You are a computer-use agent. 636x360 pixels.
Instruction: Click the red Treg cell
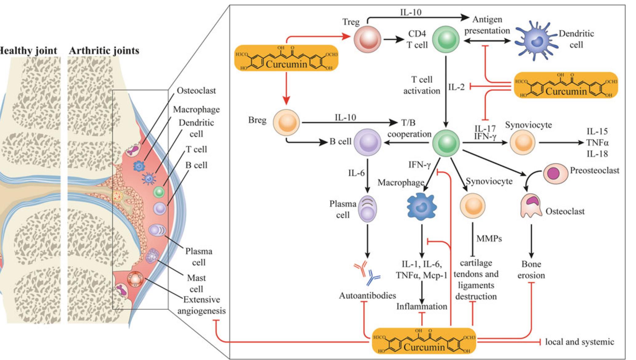tap(367, 39)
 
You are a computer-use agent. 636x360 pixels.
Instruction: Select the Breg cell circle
tap(286, 122)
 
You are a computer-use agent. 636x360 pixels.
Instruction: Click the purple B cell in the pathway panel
tap(367, 142)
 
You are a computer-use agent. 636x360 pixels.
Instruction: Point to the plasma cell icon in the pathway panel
tap(368, 209)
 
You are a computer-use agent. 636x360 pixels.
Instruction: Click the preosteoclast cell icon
tap(555, 173)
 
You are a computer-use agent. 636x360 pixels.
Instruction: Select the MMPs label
tap(489, 238)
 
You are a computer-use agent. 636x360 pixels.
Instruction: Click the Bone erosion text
tap(531, 270)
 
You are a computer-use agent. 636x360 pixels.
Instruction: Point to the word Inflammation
tap(421, 306)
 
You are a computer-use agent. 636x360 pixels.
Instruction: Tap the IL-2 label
tap(456, 87)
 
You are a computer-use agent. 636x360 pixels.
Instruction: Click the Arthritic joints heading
tap(104, 50)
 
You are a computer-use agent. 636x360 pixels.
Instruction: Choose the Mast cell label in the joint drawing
tap(196, 283)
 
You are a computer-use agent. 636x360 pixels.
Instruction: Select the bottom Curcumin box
tap(424, 341)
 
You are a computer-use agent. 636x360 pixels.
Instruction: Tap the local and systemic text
tap(579, 342)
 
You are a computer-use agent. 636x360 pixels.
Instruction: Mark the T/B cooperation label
tap(409, 129)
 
